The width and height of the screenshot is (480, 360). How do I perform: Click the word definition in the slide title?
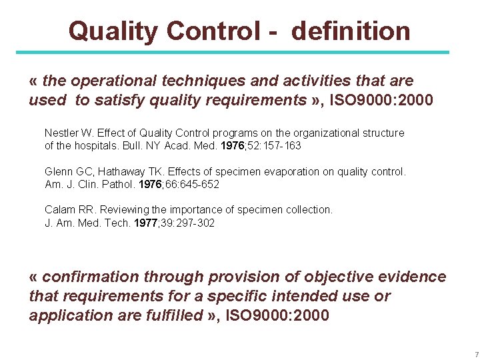tap(351, 31)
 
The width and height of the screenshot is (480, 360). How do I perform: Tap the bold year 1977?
tap(145, 222)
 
